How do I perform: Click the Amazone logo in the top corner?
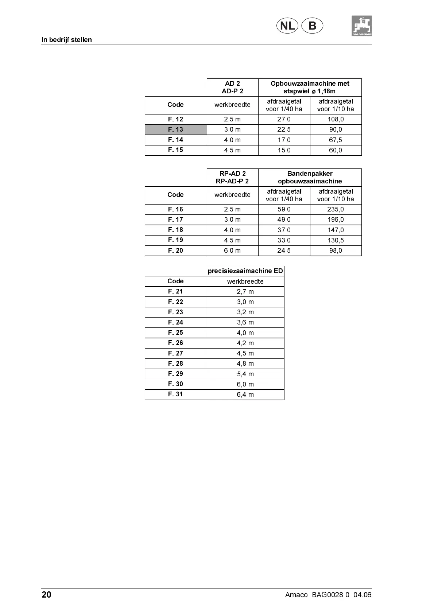tap(361, 26)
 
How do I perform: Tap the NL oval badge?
tap(287, 26)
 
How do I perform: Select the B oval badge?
tap(312, 26)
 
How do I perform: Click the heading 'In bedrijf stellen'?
tap(66, 40)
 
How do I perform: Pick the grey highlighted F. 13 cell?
tap(176, 129)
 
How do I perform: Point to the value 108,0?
tap(336, 119)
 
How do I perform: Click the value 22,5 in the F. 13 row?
tap(284, 129)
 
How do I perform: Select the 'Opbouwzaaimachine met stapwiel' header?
tap(310, 87)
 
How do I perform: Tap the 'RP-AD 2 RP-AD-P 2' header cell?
tap(232, 177)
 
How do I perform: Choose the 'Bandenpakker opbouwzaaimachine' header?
tap(310, 177)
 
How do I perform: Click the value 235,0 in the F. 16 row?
tap(336, 209)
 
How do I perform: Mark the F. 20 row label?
tap(176, 250)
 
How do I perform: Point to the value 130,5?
tap(336, 240)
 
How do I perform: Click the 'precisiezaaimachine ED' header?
tap(245, 271)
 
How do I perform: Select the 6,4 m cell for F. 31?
tap(245, 395)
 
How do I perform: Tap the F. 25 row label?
tap(176, 333)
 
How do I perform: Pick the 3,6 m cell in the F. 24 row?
tap(245, 322)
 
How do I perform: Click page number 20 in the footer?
tap(46, 595)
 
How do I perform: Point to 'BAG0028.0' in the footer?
tap(330, 595)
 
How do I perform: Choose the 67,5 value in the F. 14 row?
tap(336, 140)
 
